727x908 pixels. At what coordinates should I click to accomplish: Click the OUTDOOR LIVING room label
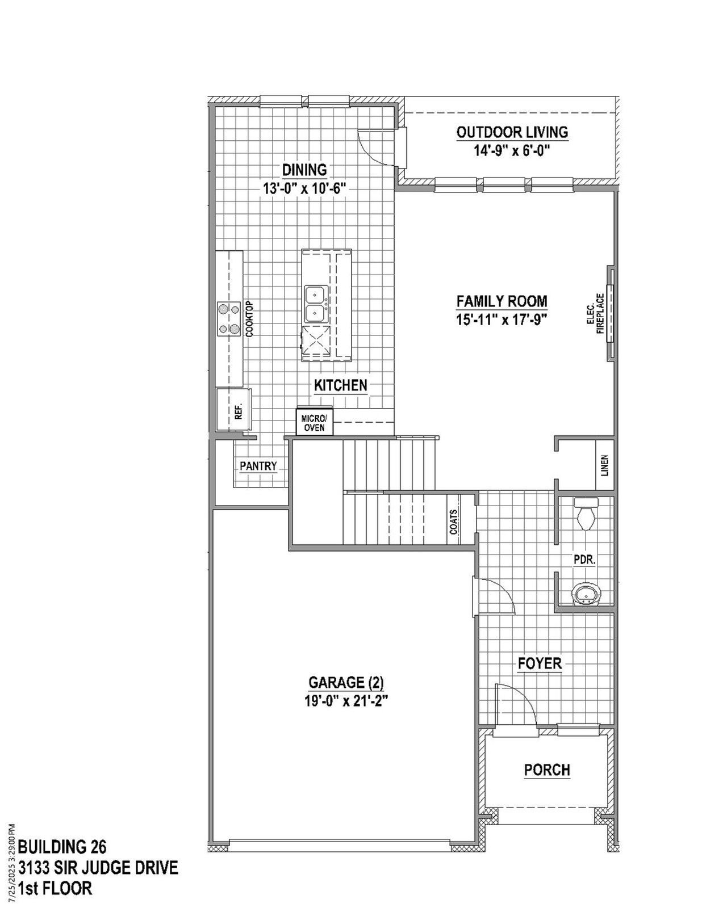tap(512, 132)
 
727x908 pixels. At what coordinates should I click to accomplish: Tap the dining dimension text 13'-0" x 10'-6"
tap(304, 188)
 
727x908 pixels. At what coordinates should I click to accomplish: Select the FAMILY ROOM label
tap(502, 301)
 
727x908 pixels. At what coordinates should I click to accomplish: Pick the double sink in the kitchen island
tap(314, 304)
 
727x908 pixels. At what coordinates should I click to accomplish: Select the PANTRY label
tap(258, 466)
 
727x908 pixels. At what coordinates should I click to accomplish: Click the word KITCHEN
tap(341, 385)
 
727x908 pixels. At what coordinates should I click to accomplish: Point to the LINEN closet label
tap(605, 465)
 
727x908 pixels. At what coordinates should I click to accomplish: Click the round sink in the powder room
tap(586, 595)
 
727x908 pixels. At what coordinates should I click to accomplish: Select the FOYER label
tap(539, 663)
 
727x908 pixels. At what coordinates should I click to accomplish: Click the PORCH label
tap(547, 770)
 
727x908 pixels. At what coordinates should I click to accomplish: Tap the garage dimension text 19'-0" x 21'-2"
tap(346, 701)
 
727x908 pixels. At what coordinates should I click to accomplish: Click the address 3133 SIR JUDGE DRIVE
tap(98, 868)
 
